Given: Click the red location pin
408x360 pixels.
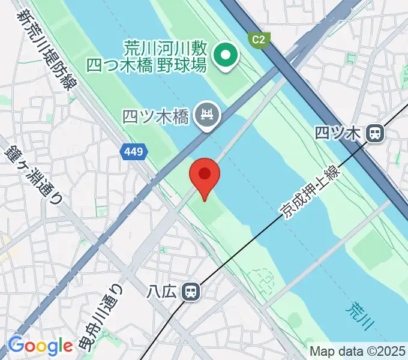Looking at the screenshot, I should (205, 175).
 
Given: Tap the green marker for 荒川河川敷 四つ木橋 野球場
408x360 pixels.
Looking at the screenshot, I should (226, 56).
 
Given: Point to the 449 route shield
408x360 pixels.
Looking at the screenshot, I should (134, 152).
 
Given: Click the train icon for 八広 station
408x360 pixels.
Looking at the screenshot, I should (191, 292).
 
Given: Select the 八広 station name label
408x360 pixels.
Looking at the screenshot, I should (161, 292).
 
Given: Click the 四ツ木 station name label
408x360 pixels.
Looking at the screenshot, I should (340, 133).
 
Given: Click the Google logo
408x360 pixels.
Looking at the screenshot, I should (40, 346).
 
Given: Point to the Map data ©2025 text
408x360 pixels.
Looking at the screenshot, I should (358, 352).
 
